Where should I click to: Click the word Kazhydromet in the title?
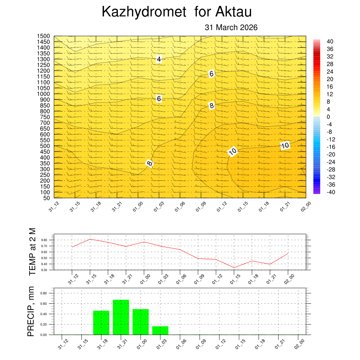143,12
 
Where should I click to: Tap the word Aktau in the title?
233,12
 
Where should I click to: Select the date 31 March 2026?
231,27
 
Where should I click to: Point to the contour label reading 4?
159,59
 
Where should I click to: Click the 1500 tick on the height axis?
44,36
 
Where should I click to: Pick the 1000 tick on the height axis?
44,94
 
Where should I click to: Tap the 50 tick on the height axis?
47,198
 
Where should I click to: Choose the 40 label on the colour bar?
330,41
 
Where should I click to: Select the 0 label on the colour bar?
328,117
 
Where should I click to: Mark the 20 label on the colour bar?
330,79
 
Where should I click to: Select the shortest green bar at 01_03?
160,330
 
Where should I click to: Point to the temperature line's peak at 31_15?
90,239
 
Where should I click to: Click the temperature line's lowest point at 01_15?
234,268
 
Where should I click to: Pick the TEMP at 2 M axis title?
32,251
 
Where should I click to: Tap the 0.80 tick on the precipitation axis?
44,293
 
